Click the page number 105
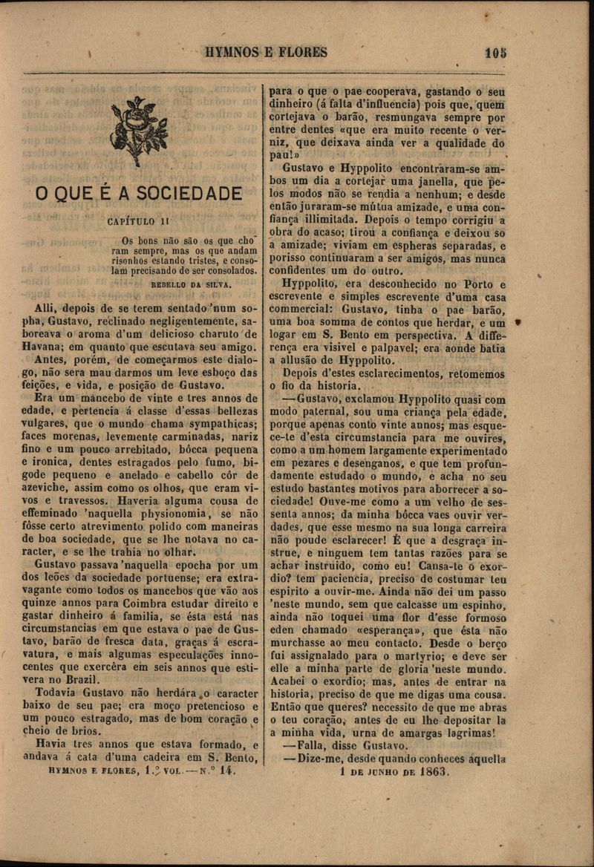pyautogui.click(x=495, y=53)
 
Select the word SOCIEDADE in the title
pyautogui.click(x=190, y=194)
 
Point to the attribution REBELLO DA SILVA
pyautogui.click(x=192, y=284)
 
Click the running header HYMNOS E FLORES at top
pyautogui.click(x=265, y=53)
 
